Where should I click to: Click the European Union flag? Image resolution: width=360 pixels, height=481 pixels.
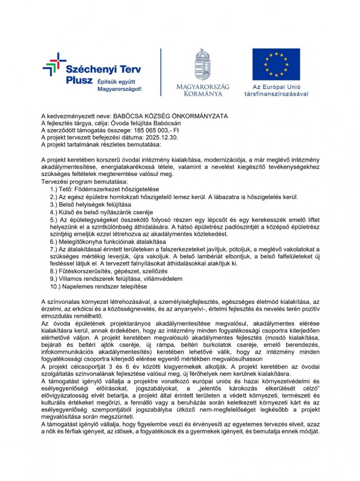[x=276, y=64]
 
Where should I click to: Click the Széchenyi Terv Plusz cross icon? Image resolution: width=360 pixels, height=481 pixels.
[x=54, y=65]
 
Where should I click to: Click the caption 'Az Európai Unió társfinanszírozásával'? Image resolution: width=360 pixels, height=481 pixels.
[x=276, y=90]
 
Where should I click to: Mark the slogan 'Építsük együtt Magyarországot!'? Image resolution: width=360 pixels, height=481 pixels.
[x=119, y=85]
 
